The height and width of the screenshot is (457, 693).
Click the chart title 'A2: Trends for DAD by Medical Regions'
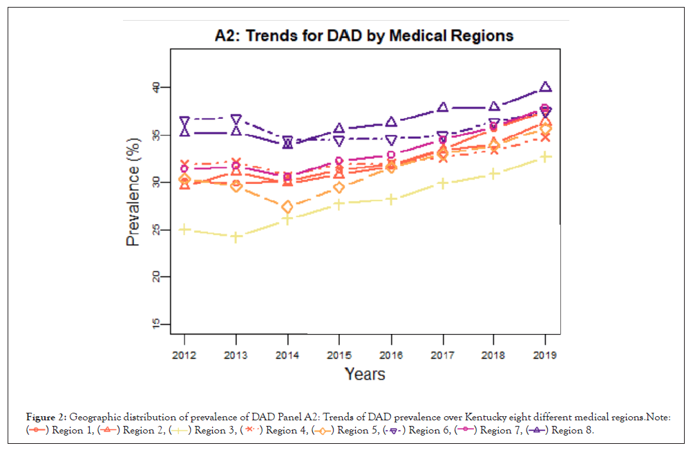click(x=364, y=35)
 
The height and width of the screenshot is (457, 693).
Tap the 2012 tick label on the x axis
click(x=184, y=355)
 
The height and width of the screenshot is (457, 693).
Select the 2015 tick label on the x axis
click(x=339, y=355)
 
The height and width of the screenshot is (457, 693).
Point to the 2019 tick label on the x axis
click(x=545, y=355)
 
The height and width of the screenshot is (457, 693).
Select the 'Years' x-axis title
click(x=365, y=374)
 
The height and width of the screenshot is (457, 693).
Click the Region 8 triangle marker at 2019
click(x=545, y=87)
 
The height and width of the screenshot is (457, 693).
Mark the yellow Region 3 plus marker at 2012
click(x=184, y=230)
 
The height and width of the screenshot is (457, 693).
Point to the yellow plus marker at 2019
click(x=545, y=157)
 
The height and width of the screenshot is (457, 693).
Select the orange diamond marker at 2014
click(x=287, y=207)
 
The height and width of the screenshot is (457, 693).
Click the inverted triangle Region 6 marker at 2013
click(x=236, y=120)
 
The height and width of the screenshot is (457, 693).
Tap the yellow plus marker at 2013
click(x=236, y=237)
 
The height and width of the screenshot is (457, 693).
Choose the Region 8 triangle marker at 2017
click(x=442, y=107)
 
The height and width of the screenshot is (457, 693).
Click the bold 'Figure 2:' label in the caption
click(x=46, y=418)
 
